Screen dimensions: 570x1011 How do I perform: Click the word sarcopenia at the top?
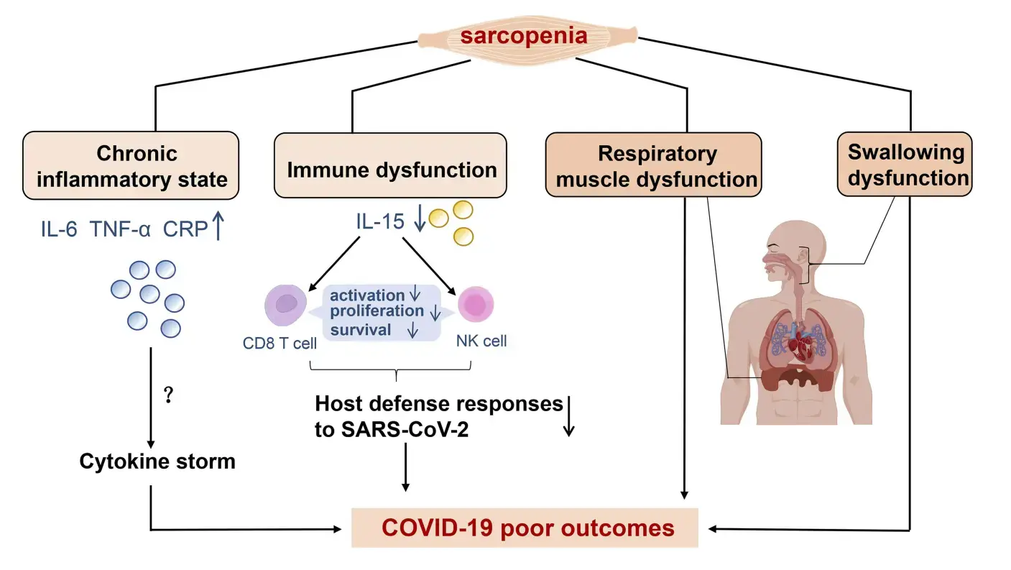click(x=523, y=35)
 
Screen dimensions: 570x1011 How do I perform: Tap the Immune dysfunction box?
click(x=392, y=170)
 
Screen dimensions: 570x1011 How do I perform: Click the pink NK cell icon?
click(x=475, y=305)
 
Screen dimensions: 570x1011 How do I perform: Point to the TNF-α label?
click(x=121, y=230)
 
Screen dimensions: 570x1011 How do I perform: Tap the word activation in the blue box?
click(x=367, y=295)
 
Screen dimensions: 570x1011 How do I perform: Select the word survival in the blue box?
click(x=361, y=330)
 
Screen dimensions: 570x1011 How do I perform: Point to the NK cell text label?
click(x=481, y=341)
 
